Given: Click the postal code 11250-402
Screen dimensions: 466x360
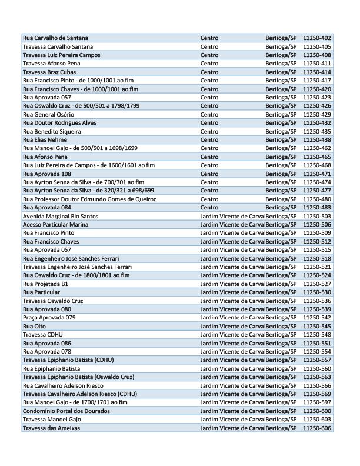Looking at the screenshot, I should pyautogui.click(x=317, y=38).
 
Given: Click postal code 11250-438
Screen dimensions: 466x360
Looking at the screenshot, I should pyautogui.click(x=317, y=140).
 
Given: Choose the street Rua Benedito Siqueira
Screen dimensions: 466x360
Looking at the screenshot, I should pyautogui.click(x=52, y=131).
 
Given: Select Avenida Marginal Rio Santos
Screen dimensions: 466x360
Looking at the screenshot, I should pyautogui.click(x=61, y=217).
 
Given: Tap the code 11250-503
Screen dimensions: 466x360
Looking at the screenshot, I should pyautogui.click(x=317, y=217).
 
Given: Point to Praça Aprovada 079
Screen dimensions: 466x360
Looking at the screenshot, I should pyautogui.click(x=49, y=318).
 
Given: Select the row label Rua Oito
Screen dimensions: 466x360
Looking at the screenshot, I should pyautogui.click(x=34, y=326).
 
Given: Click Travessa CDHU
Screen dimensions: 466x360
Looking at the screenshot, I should pyautogui.click(x=42, y=335).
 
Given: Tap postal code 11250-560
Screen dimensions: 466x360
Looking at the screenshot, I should pyautogui.click(x=317, y=368).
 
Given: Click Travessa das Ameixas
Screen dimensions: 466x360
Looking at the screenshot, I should pyautogui.click(x=51, y=428).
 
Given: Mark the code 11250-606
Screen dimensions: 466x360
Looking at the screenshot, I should pyautogui.click(x=317, y=428).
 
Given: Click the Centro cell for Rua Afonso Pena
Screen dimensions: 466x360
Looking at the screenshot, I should pyautogui.click(x=209, y=157).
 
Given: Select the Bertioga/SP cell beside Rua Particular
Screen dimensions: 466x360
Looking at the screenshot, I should pyautogui.click(x=281, y=292).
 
